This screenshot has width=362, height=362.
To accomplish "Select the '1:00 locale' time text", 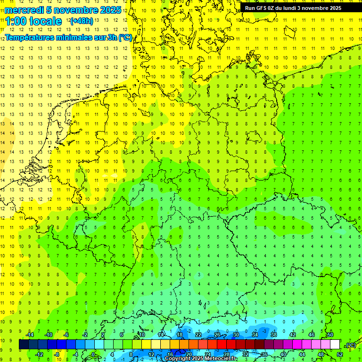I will [x=33, y=21].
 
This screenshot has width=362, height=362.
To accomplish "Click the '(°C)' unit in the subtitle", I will [x=125, y=37].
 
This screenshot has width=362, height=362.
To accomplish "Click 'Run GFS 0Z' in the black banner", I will [x=261, y=8].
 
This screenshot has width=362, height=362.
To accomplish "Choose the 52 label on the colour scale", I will [x=340, y=354].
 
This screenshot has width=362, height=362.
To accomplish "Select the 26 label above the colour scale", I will [x=217, y=335].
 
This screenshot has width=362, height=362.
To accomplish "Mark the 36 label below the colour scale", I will [x=264, y=354].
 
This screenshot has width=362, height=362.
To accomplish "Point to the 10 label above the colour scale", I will [x=142, y=335].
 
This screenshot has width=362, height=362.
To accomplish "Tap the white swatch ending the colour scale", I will [x=335, y=345].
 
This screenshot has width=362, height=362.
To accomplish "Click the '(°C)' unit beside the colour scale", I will [x=350, y=345].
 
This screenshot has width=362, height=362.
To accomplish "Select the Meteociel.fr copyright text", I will [x=201, y=359].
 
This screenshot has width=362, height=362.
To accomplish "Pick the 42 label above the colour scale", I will [x=293, y=335].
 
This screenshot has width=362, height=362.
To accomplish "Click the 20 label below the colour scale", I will [x=189, y=354].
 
